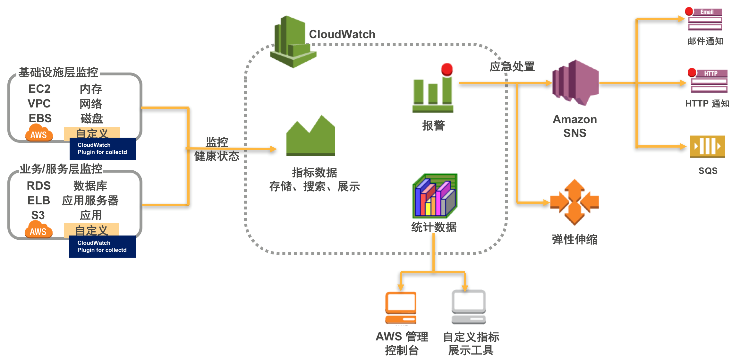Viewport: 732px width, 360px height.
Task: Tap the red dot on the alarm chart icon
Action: point(447,69)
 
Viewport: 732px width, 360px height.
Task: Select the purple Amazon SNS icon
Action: point(575,82)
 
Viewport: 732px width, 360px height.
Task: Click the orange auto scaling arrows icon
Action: point(575,202)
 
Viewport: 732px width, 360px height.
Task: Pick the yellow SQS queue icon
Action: point(707,146)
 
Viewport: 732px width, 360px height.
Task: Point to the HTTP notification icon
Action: point(708,81)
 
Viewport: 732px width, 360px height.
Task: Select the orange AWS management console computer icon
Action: point(401,307)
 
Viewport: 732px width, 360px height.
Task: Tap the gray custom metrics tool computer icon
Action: point(469,307)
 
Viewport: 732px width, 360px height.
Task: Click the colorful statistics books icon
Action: point(435,196)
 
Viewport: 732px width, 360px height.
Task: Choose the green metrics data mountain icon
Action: point(311,136)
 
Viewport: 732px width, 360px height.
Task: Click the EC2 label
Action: point(39,89)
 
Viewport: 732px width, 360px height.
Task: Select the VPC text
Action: point(39,104)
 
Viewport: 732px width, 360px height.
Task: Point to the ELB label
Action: point(39,201)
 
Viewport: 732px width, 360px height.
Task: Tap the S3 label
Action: point(38,215)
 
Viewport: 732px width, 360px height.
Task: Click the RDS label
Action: point(39,186)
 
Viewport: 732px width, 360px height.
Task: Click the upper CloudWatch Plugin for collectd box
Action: point(103,149)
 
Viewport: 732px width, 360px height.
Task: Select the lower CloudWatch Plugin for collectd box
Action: point(102,246)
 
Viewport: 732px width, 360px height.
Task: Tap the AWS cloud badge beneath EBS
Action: point(39,133)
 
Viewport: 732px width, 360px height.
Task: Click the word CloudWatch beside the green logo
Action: point(342,34)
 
